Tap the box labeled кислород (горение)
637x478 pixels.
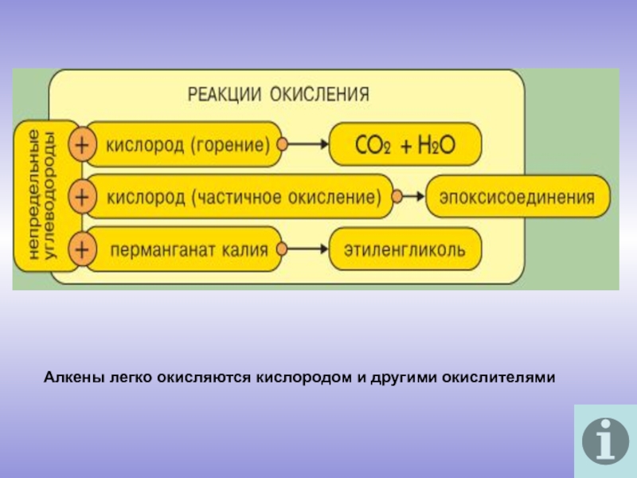click(x=188, y=145)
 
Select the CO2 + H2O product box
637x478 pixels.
click(x=406, y=145)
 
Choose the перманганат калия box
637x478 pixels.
click(x=188, y=249)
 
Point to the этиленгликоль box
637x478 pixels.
click(x=406, y=249)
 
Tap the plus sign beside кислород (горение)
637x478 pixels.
click(x=81, y=145)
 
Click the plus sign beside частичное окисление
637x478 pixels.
click(x=81, y=197)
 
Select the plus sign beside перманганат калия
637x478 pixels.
click(x=81, y=249)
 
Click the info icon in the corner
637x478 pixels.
click(x=604, y=441)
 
